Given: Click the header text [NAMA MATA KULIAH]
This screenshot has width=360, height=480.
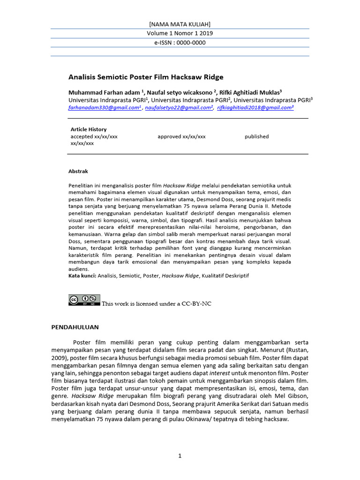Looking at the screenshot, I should [x=180, y=24].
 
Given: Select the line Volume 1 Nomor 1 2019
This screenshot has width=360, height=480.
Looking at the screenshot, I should [x=180, y=33].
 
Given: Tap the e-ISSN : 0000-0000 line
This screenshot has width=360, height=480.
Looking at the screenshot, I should [x=180, y=43].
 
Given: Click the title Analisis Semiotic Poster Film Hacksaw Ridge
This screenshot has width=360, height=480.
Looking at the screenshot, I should [x=146, y=77].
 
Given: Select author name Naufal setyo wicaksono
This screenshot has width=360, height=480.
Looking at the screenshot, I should [x=181, y=92].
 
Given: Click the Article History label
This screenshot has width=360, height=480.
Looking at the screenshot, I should [x=89, y=129].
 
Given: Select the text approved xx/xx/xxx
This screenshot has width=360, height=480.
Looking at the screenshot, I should [x=181, y=136].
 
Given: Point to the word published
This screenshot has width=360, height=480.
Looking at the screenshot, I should [x=256, y=136].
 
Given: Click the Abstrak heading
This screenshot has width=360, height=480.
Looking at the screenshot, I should [x=78, y=172].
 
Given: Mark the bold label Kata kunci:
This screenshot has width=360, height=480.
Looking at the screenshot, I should [x=82, y=276].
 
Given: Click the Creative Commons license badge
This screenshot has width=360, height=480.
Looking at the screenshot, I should [x=84, y=300].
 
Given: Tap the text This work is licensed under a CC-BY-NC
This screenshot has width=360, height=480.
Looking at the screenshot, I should [x=157, y=304].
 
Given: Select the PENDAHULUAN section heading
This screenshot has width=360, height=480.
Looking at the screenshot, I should [x=75, y=327].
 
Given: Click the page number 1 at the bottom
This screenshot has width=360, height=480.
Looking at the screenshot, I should [x=180, y=456].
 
